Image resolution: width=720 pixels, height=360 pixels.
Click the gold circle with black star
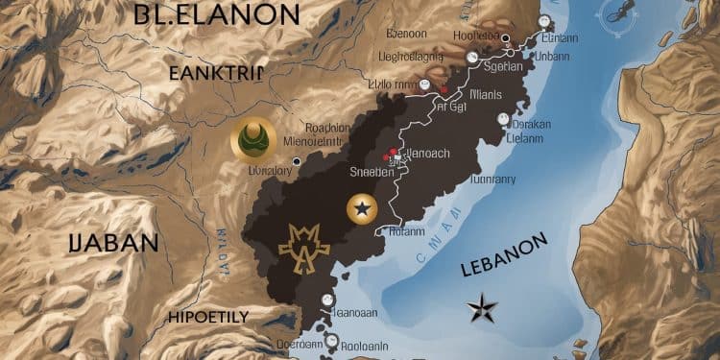coord(362,206)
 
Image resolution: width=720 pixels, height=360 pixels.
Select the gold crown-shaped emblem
coord(304,246)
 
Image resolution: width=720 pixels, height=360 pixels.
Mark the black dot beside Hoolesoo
coord(505,38)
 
